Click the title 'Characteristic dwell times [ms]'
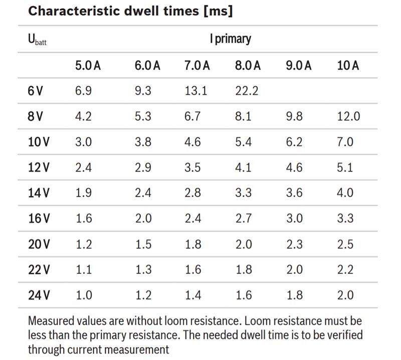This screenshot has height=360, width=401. click(x=130, y=11)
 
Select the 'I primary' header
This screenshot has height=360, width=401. click(x=231, y=39)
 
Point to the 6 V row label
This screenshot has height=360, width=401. click(x=36, y=91)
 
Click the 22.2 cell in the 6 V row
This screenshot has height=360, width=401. click(x=246, y=91)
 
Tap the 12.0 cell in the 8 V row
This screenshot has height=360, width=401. click(x=348, y=117)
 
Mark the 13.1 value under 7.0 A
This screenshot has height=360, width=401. click(x=195, y=91)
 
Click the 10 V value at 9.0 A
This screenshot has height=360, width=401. click(x=294, y=142)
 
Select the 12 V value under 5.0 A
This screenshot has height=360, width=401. click(x=83, y=167)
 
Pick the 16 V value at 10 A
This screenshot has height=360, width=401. click(x=345, y=219)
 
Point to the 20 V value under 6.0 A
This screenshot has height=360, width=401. click(x=143, y=244)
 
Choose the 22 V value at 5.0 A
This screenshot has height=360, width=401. click(x=83, y=270)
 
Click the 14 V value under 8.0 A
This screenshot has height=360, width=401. click(x=243, y=193)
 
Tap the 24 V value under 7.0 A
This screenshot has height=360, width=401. click(x=192, y=295)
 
